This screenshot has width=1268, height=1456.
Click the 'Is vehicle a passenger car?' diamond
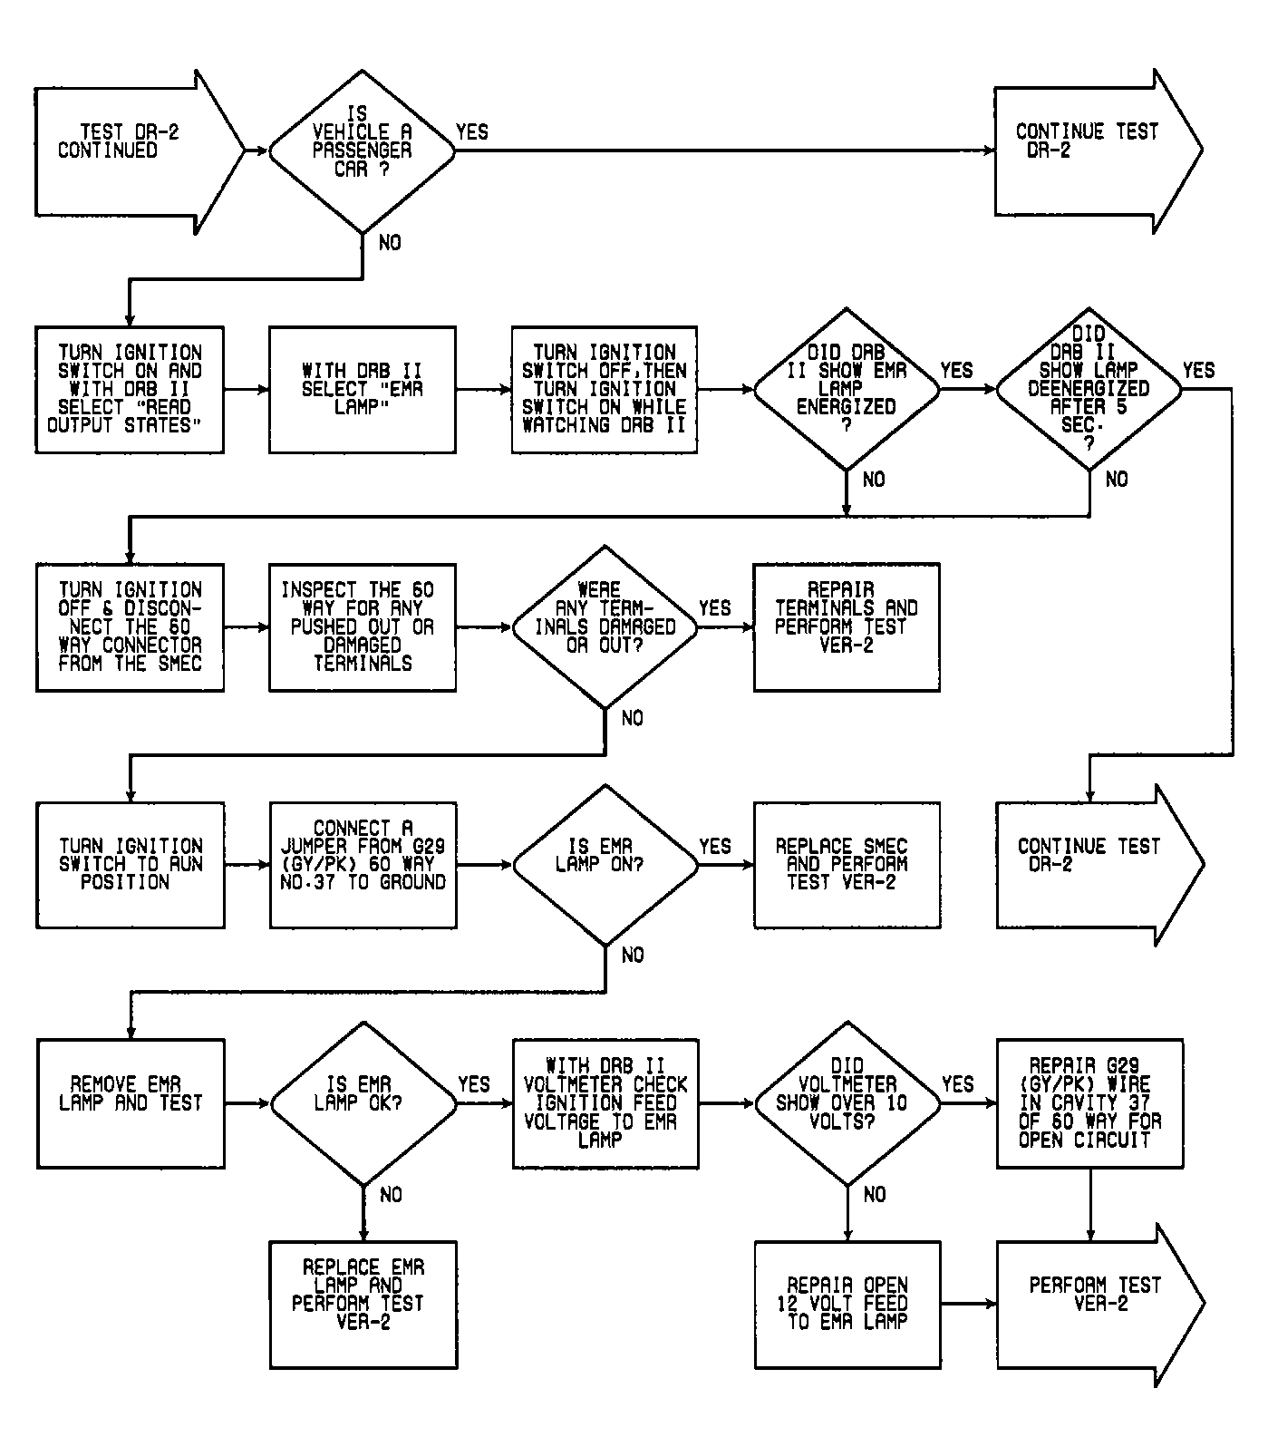363,150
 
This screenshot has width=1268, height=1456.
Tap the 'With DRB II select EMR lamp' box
363,390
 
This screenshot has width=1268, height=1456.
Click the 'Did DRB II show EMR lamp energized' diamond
847,389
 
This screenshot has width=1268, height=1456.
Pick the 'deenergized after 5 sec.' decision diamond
1089,389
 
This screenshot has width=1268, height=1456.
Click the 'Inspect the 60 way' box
363,627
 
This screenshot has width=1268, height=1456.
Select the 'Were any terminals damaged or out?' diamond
605,627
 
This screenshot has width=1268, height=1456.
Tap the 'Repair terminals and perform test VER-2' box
847,627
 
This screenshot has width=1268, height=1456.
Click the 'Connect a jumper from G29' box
363,865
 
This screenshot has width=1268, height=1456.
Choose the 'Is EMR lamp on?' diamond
605,865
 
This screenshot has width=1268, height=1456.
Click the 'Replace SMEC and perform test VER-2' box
847,865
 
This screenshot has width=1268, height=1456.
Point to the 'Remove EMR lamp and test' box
131,1103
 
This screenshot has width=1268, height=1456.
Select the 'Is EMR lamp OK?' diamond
363,1103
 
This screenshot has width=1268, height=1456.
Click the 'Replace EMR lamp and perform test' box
363,1305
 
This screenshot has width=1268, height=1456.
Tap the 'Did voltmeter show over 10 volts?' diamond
847,1103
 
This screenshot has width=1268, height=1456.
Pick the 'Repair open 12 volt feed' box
847,1305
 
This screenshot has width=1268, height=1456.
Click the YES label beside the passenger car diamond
472,132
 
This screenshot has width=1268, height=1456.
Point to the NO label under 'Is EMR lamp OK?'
391,1195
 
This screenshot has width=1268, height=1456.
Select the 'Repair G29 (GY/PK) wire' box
1089,1103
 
